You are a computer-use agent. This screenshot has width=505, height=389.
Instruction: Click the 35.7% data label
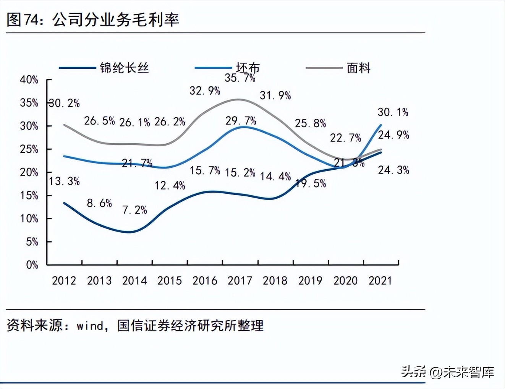[x=240, y=78]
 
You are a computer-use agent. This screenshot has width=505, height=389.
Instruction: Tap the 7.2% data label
[x=134, y=210]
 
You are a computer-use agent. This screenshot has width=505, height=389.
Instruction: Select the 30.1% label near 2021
[x=393, y=112]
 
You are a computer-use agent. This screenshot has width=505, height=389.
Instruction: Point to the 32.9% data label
[x=205, y=91]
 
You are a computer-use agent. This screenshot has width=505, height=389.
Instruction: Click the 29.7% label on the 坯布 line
[x=241, y=121]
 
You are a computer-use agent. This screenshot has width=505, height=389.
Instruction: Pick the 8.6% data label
[x=99, y=203]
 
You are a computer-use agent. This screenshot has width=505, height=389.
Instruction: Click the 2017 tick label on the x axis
[x=240, y=280]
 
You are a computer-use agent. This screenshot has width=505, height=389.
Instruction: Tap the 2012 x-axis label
[x=64, y=280]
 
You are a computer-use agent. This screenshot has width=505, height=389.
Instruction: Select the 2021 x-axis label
[x=380, y=280]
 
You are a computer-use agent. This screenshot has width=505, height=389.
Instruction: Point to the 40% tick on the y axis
[x=29, y=79]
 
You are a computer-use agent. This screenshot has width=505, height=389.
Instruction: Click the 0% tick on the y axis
[x=32, y=265]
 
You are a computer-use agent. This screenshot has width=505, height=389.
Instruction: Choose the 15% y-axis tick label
[x=29, y=196]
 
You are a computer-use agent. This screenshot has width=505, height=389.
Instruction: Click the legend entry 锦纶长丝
[x=124, y=68]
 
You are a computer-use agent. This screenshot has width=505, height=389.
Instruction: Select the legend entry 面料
[x=358, y=68]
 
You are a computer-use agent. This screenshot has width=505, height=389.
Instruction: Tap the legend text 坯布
[x=248, y=68]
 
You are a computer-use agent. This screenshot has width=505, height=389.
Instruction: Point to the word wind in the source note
[x=90, y=326]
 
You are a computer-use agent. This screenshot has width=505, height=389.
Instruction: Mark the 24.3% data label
[x=393, y=170]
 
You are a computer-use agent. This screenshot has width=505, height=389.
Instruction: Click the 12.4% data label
[x=170, y=186]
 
